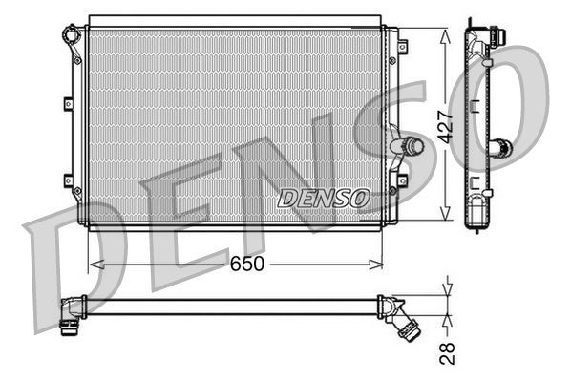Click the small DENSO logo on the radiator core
tap(323, 198)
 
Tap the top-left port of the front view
tap(71, 38)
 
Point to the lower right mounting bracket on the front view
tap(402, 179)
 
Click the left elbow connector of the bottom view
tap(70, 315)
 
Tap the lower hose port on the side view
tap(501, 149)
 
